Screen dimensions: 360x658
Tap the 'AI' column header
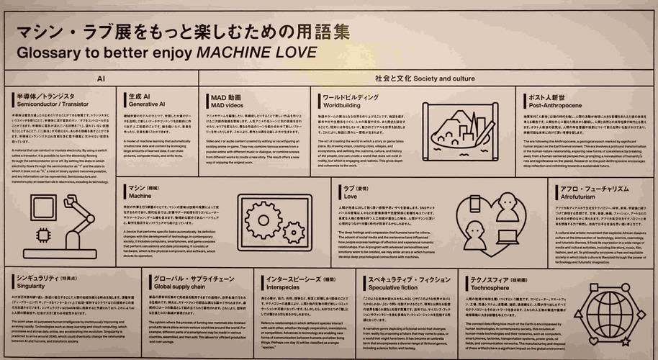point(102,77)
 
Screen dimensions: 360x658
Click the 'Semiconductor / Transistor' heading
point(46,104)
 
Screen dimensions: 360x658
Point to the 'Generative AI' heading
point(147,104)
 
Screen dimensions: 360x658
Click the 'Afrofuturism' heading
point(580,195)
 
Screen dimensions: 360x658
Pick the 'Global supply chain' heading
point(179,284)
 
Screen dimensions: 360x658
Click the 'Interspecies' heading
point(284,284)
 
